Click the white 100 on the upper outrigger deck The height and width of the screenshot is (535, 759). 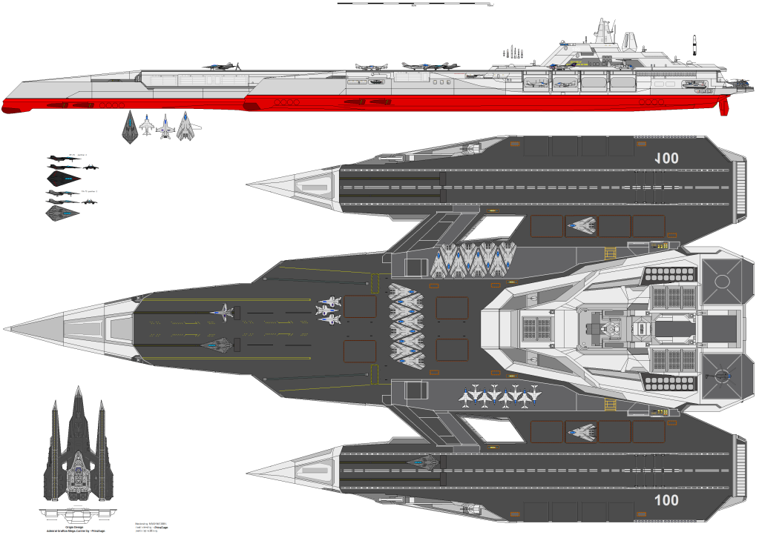coord(667,157)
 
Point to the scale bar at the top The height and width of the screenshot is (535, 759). coord(416,4)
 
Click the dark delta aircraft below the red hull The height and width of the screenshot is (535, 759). coord(130,127)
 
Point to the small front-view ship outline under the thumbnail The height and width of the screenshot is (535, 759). coord(76,513)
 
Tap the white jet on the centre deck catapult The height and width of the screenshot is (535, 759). coord(224,313)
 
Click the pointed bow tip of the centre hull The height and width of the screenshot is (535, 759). coord(6,328)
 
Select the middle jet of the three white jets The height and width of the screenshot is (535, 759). coord(328,310)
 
